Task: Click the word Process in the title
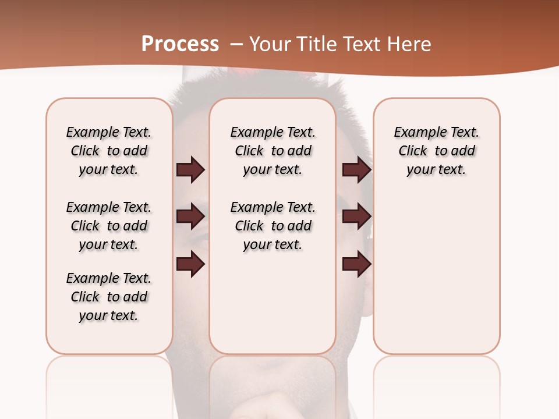click(180, 44)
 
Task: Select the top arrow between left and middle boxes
click(190, 170)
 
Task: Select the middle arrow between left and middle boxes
click(190, 217)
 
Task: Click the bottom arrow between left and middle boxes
click(190, 265)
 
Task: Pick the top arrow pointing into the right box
click(356, 170)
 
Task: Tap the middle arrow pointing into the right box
click(356, 217)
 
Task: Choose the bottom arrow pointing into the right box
click(356, 265)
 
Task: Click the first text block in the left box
click(109, 151)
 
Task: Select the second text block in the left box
click(109, 226)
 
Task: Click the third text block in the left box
click(109, 297)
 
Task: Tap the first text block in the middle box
click(273, 151)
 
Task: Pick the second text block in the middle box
click(273, 226)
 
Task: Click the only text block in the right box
click(436, 151)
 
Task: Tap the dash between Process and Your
click(236, 45)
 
